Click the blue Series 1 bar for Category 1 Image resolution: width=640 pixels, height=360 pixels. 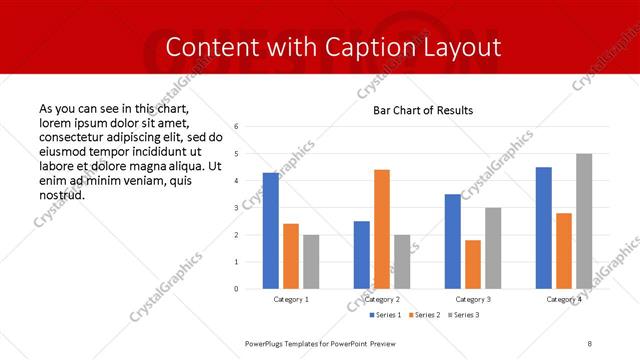[x=271, y=231]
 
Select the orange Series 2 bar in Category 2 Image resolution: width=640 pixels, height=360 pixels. [x=382, y=229]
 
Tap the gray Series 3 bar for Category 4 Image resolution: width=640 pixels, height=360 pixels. [x=584, y=221]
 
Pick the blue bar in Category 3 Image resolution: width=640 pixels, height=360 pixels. [x=453, y=241]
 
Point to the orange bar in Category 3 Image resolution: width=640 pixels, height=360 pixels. [x=473, y=264]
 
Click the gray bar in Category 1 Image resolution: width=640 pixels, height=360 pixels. [x=311, y=262]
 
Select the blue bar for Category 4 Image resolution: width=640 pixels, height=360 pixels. [x=544, y=228]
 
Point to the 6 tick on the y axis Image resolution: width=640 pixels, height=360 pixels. [x=236, y=127]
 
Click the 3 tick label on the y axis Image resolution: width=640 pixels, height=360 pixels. [x=236, y=208]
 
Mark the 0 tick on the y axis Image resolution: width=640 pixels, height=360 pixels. [x=236, y=289]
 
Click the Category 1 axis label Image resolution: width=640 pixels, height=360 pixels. [x=291, y=299]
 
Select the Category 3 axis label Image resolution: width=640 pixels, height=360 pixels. [x=473, y=299]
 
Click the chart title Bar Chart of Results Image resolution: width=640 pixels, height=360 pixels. [x=423, y=110]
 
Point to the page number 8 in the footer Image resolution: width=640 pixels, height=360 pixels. [x=590, y=343]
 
